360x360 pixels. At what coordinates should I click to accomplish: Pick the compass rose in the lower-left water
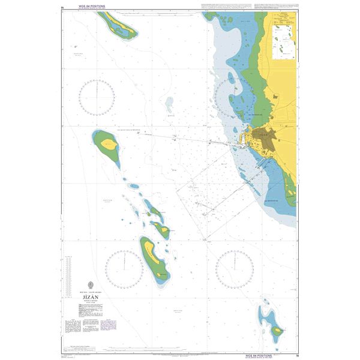(x=125, y=267)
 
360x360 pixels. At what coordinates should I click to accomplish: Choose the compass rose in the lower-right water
(x=235, y=267)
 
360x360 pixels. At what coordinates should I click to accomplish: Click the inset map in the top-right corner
(x=283, y=36)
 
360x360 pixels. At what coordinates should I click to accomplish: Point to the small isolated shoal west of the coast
(x=170, y=106)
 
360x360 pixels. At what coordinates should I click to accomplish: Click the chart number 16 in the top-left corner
(x=64, y=7)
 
